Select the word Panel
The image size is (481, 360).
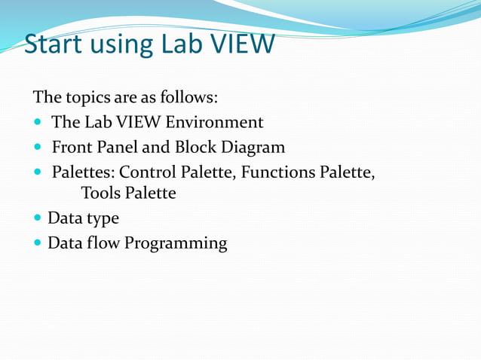click(116, 147)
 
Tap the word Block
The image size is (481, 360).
click(192, 147)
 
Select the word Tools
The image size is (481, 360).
click(101, 193)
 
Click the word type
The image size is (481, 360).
click(102, 219)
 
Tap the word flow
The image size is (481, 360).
click(102, 243)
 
